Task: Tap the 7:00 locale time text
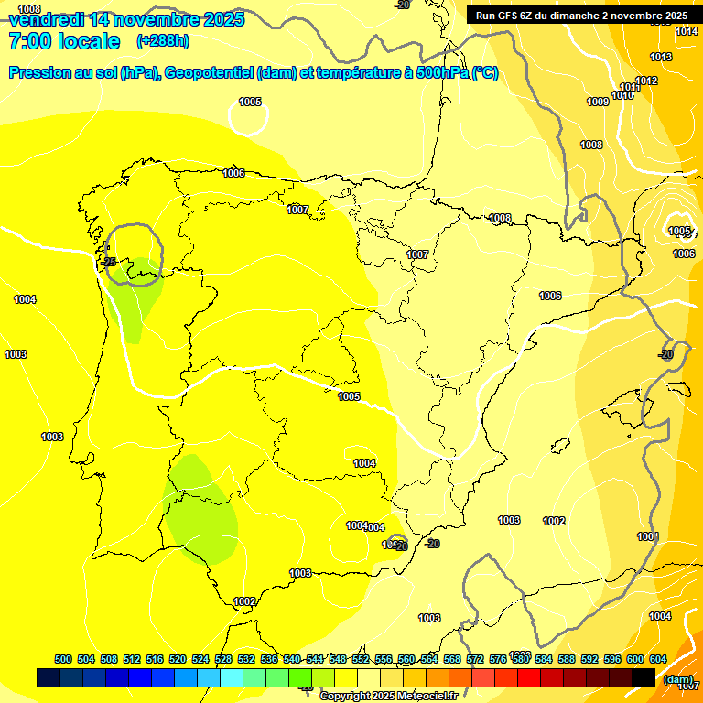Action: click(x=64, y=41)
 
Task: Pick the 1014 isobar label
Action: click(x=687, y=32)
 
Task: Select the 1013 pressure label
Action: click(x=661, y=57)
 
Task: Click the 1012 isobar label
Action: click(x=646, y=81)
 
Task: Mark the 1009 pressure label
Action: click(x=598, y=102)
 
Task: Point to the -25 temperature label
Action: click(x=110, y=262)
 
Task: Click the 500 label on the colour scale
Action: click(x=63, y=659)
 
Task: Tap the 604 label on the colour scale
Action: click(x=658, y=659)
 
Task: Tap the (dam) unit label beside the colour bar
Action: click(x=678, y=678)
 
